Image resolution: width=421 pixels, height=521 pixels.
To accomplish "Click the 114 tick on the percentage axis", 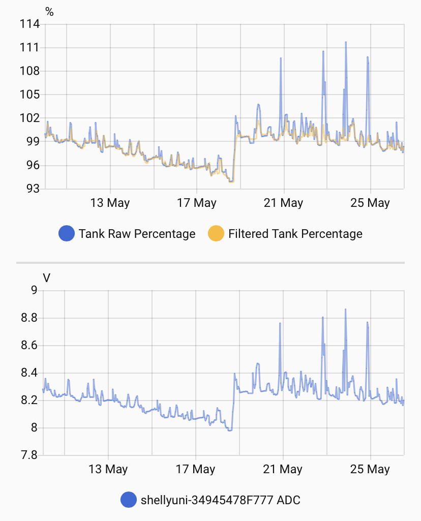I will tap(30, 24).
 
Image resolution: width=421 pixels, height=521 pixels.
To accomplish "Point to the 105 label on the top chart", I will tap(30, 95).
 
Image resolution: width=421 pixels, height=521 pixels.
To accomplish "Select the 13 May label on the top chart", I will tap(110, 203).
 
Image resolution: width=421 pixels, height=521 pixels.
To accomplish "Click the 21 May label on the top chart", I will tap(284, 203).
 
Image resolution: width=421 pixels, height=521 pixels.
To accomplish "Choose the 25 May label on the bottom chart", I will tap(370, 469).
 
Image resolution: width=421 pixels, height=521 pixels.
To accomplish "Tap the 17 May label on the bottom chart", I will tap(196, 469).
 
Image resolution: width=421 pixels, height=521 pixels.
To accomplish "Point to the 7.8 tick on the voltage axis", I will tap(29, 455).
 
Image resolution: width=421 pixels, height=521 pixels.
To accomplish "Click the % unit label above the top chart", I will tap(49, 12).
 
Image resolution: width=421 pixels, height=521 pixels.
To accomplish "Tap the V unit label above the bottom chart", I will tap(47, 278).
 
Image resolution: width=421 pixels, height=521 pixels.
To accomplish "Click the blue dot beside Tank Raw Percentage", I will tap(67, 234).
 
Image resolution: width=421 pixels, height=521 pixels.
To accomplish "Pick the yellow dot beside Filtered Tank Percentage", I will tap(216, 234).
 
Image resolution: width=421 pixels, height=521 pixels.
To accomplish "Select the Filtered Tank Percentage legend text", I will tap(295, 234).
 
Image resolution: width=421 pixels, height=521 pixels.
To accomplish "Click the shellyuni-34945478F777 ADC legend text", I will tap(220, 500).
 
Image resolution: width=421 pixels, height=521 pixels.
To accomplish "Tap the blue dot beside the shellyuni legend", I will tap(129, 500).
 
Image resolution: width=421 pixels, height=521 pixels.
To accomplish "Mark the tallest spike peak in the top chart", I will tap(346, 42).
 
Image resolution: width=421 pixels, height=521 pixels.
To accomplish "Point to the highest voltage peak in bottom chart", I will tap(345, 309).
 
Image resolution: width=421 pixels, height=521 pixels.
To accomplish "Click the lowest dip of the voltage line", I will tap(230, 431).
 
